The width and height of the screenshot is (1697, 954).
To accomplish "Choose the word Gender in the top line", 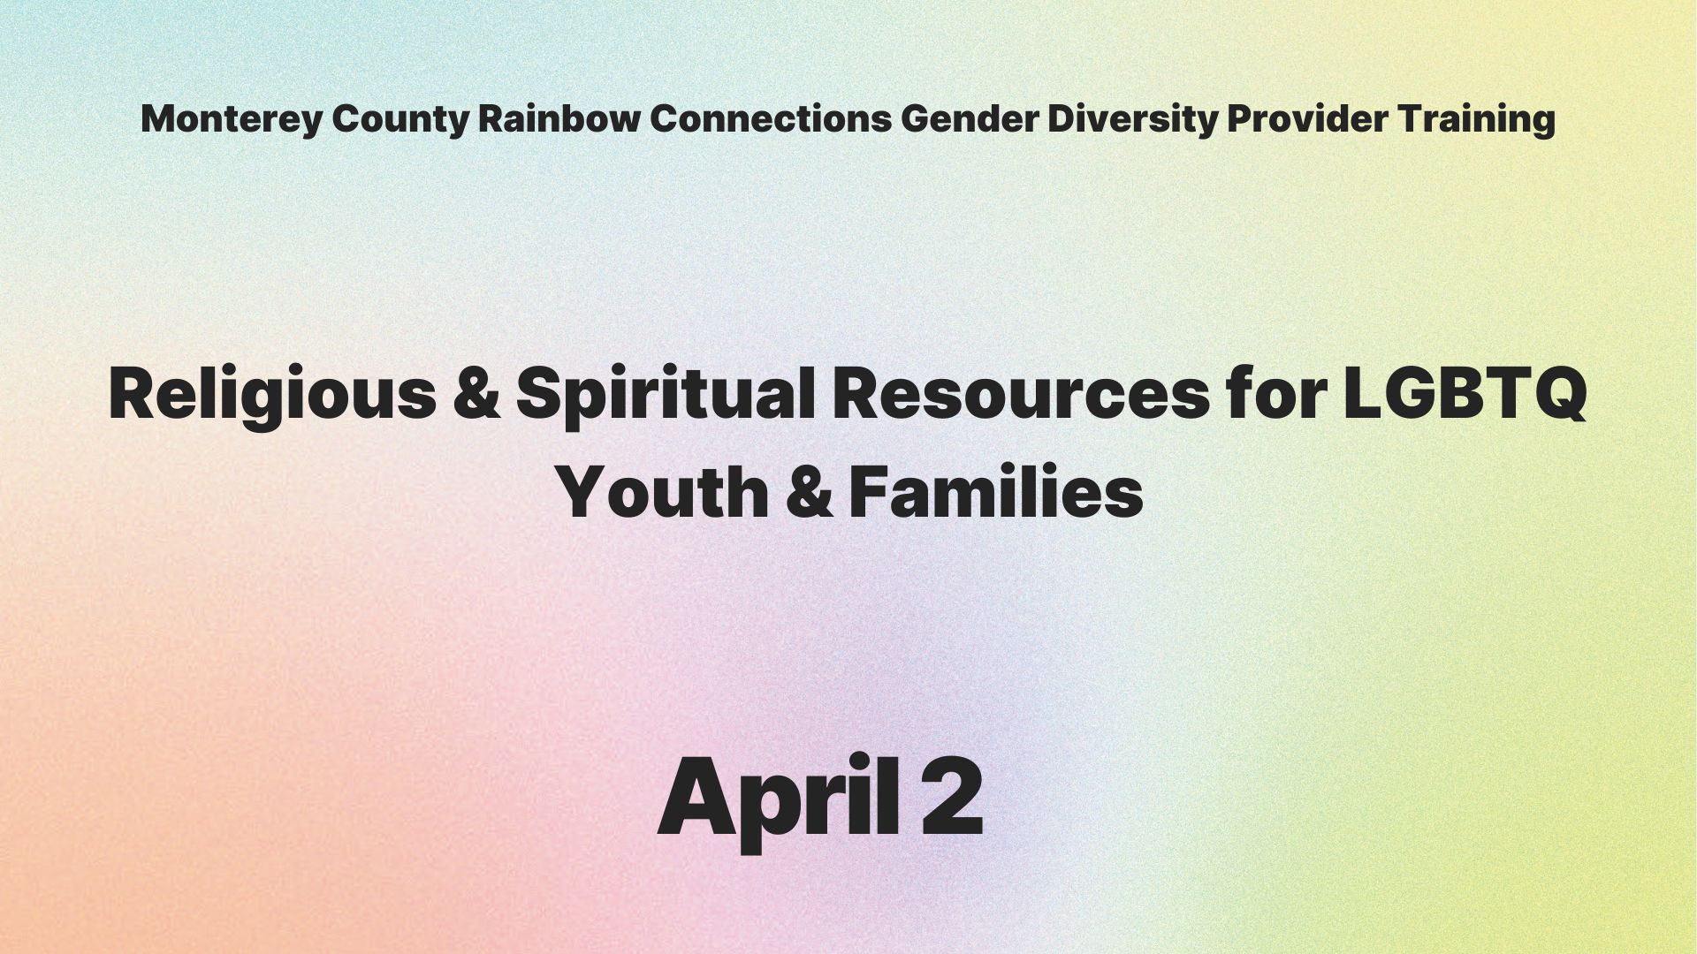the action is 970,118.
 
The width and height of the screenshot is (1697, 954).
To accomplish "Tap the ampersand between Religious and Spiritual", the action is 478,393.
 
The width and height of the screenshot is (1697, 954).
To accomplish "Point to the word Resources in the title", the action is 1021,393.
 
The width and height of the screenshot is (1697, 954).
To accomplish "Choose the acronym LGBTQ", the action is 1465,394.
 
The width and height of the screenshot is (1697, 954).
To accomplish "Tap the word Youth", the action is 664,491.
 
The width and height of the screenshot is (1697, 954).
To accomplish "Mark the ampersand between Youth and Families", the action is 809,493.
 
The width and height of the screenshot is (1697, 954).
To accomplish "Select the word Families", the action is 996,491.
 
